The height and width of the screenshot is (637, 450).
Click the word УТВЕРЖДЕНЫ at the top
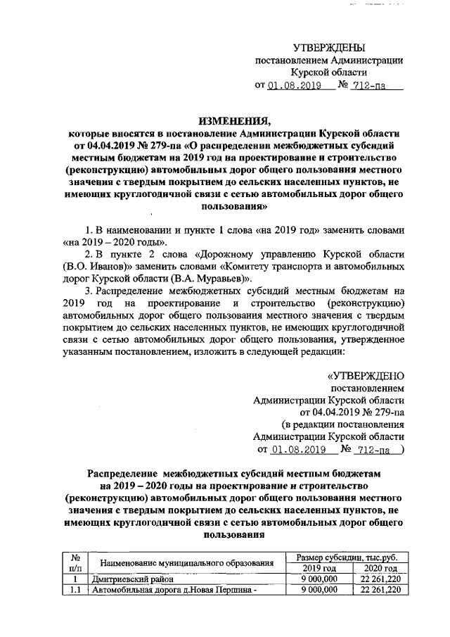[329, 48]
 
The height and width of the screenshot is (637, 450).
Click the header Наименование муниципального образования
[186, 563]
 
